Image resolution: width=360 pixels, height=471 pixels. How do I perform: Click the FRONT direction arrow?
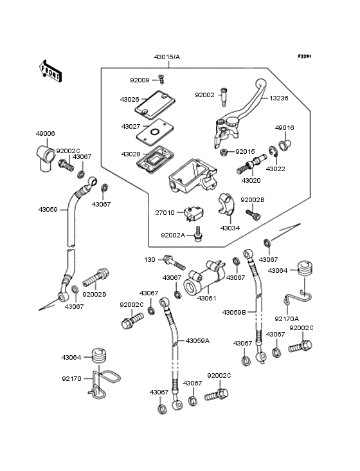(50, 71)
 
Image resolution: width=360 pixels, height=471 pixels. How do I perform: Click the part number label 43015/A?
(167, 57)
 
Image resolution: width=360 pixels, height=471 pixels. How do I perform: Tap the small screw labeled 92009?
(162, 80)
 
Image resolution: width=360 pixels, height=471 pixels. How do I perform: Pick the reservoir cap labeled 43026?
(155, 103)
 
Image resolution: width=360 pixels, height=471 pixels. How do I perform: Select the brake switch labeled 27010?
(194, 214)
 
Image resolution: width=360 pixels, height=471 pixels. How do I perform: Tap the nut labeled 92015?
(223, 152)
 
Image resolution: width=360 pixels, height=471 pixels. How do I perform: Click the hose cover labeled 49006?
(46, 158)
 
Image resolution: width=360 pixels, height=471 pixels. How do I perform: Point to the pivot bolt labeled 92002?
(224, 97)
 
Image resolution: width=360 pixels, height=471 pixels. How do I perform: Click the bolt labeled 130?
(174, 262)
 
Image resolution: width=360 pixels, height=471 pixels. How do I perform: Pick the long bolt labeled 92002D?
(96, 278)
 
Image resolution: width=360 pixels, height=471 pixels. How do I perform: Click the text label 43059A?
(197, 340)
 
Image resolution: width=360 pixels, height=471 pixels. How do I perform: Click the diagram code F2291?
(305, 56)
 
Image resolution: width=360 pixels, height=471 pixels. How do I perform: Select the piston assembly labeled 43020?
(251, 163)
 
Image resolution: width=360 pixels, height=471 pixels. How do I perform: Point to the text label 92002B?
(253, 199)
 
